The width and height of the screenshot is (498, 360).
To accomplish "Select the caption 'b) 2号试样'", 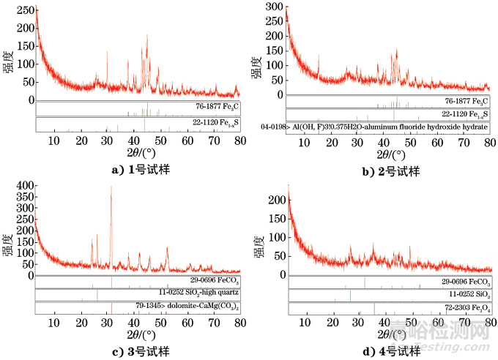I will pos(390,170).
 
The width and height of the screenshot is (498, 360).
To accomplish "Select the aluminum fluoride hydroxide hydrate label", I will pos(374,127).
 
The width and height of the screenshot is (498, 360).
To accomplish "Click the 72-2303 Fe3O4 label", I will pos(465,307).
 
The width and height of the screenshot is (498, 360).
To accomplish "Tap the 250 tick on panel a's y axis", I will pos(23,10).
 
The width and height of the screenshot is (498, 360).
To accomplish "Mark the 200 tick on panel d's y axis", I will pos(275,200).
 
